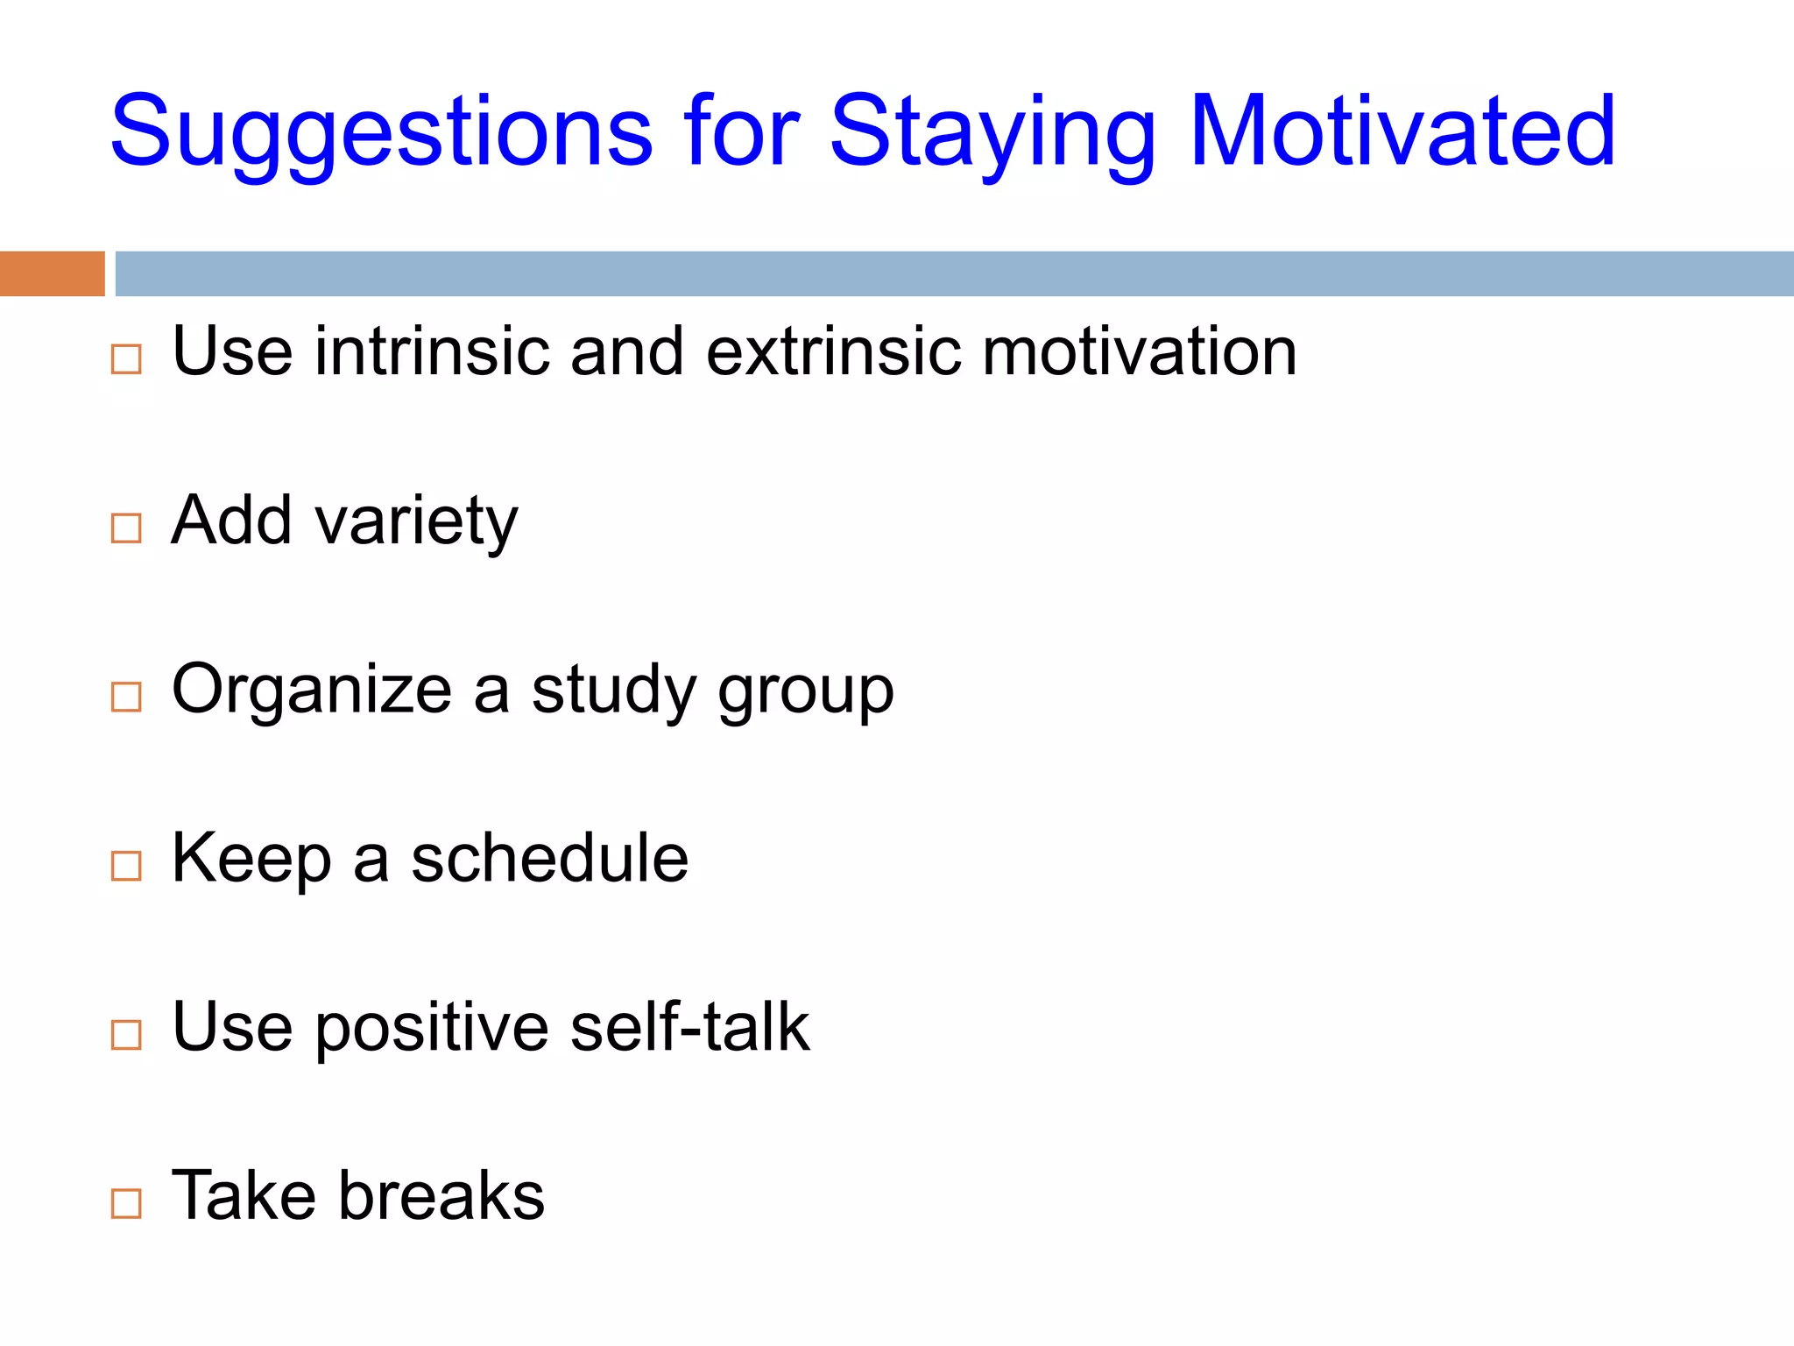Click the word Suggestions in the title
click(x=381, y=131)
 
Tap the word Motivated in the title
click(x=1402, y=131)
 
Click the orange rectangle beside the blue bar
click(x=52, y=273)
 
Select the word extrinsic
click(x=832, y=351)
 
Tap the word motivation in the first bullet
click(x=1139, y=351)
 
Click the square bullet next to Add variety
click(x=126, y=528)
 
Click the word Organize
click(x=312, y=690)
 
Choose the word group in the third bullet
click(x=806, y=692)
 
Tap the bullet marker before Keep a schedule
click(x=126, y=866)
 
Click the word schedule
click(x=550, y=859)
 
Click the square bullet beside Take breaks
click(x=126, y=1203)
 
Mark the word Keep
click(x=251, y=859)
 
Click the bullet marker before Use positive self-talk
click(x=126, y=1035)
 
